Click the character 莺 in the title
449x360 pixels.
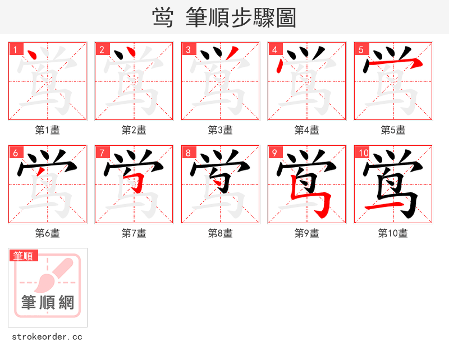click(x=163, y=18)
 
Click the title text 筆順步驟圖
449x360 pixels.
click(x=236, y=18)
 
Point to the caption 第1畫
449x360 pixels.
click(x=48, y=130)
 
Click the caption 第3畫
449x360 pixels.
click(x=221, y=130)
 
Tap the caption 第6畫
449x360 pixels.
click(x=48, y=233)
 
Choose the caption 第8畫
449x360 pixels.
click(x=221, y=233)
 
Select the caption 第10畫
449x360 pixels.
click(x=393, y=233)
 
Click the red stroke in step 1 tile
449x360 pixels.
click(x=32, y=56)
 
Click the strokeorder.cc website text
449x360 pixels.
click(x=47, y=337)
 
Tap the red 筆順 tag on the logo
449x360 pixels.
click(x=24, y=256)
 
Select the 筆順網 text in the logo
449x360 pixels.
click(x=48, y=303)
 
